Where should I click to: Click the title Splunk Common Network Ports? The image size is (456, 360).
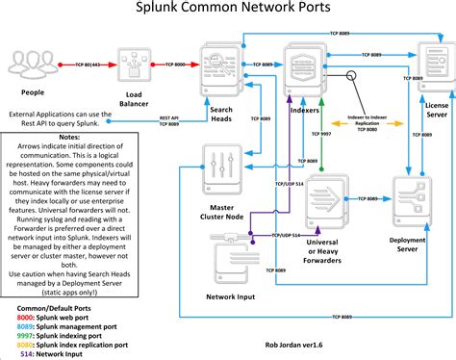click(227, 12)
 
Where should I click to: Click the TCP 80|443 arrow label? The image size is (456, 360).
click(88, 64)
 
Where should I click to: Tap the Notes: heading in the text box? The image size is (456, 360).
click(69, 138)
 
